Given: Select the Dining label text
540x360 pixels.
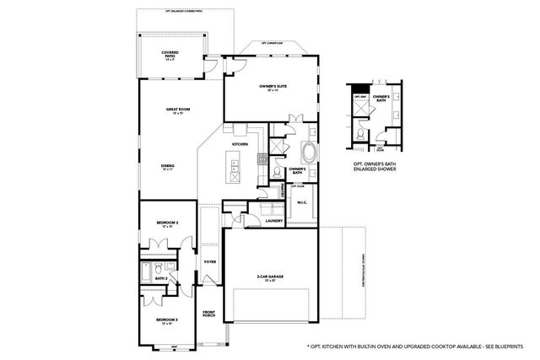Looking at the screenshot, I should click(x=168, y=167).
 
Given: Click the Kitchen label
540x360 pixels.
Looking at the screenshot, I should click(x=240, y=144).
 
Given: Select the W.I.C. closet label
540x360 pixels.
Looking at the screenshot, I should click(x=300, y=201).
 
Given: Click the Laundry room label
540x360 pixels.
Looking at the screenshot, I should click(x=273, y=221).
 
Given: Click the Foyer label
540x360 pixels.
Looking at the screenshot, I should click(x=209, y=261).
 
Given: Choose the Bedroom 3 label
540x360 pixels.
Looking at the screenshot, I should click(x=166, y=321).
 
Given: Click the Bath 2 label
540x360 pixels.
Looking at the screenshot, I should click(x=160, y=277).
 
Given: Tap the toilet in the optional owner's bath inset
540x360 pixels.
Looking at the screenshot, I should click(x=360, y=134).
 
